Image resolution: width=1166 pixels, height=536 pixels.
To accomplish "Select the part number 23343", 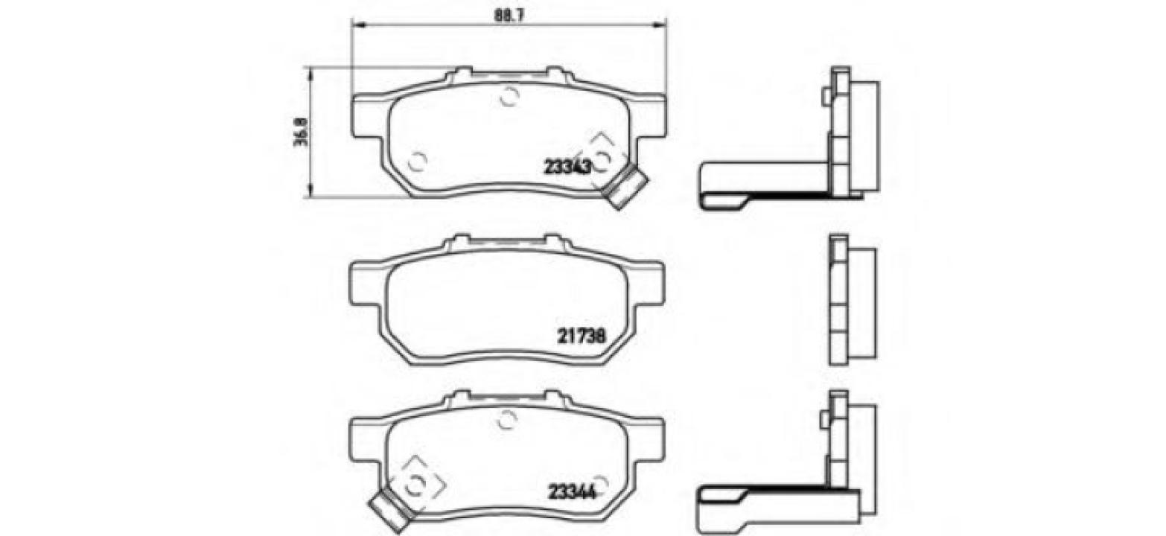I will pos(567,167).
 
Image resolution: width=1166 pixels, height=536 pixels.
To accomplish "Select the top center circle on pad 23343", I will pos(509,95).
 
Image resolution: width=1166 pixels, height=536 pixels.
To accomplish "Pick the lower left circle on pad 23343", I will pos(418,160).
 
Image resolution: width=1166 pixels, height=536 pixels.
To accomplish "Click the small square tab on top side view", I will pos(825,97).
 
